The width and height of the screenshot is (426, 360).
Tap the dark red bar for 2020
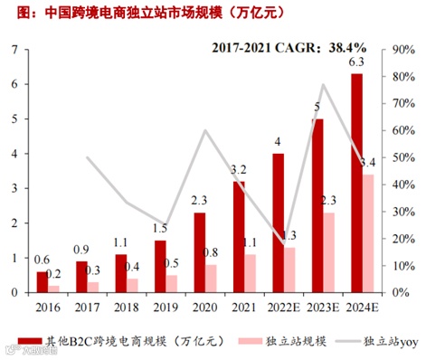point(200,252)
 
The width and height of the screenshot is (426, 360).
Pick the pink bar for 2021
point(251,273)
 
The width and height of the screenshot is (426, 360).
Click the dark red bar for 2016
point(43,282)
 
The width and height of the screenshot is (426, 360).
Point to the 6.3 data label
point(356,62)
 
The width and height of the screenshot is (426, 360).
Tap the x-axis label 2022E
point(278,307)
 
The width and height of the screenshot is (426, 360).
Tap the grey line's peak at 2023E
point(323,85)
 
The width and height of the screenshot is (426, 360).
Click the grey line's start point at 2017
point(88,157)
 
